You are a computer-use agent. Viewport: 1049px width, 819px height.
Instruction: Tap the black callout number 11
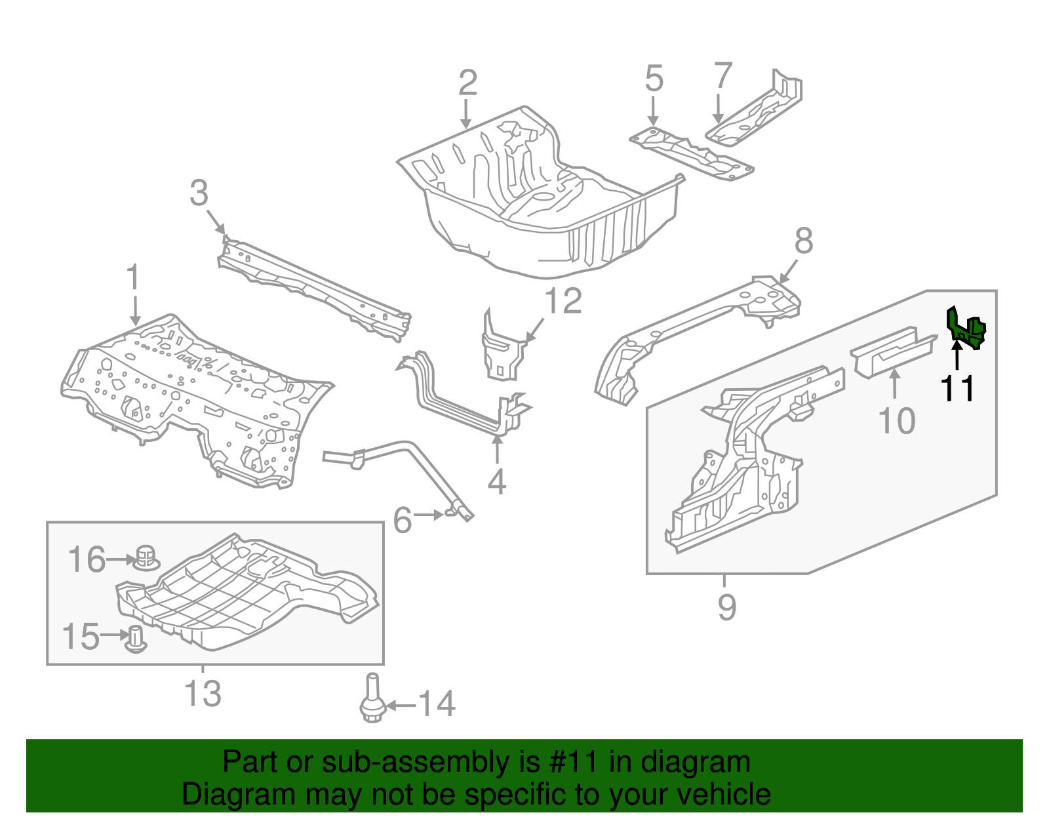click(957, 389)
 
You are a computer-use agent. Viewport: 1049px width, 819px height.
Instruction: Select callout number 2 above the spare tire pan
click(467, 84)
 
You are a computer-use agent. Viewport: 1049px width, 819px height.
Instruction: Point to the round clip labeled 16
click(147, 558)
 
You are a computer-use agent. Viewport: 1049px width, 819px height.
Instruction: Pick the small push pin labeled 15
click(136, 638)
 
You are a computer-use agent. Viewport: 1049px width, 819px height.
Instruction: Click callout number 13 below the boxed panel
click(203, 694)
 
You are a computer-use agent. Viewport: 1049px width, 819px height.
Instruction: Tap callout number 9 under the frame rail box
click(726, 607)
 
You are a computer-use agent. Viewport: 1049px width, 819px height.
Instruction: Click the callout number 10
click(896, 421)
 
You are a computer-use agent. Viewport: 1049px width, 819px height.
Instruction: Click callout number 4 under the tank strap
click(497, 482)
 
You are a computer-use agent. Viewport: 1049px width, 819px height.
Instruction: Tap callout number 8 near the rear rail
click(804, 241)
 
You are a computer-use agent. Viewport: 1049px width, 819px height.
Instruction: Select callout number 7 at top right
click(722, 76)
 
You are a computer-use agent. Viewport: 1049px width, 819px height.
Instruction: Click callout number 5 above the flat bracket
click(654, 79)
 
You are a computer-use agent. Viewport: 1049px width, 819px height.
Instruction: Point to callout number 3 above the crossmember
click(199, 193)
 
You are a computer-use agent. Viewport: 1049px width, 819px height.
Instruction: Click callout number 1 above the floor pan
click(133, 277)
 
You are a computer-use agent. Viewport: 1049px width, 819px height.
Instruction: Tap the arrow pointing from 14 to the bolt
click(401, 706)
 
